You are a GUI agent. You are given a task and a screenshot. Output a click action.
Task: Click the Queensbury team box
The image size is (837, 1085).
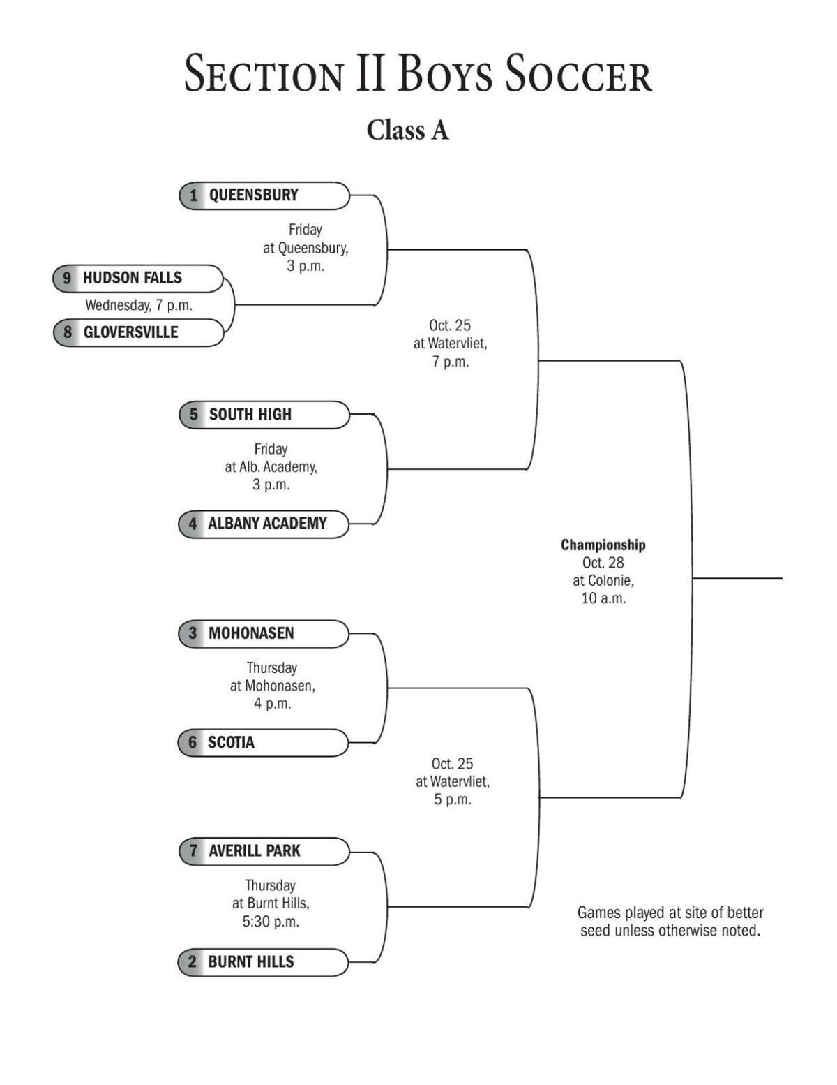pyautogui.click(x=264, y=195)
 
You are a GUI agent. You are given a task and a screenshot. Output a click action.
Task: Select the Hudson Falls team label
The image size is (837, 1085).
pyautogui.click(x=137, y=278)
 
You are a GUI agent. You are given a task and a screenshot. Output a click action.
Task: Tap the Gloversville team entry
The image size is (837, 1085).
pyautogui.click(x=138, y=332)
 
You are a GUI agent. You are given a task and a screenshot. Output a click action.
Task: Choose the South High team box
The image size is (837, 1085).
pyautogui.click(x=264, y=415)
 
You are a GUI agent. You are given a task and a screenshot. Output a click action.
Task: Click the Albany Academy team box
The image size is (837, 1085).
pyautogui.click(x=264, y=524)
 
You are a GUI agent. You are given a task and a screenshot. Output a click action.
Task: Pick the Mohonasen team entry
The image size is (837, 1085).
pyautogui.click(x=264, y=633)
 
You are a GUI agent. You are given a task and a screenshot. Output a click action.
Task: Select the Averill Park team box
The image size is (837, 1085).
pyautogui.click(x=264, y=851)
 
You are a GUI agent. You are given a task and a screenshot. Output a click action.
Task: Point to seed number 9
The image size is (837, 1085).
pyautogui.click(x=67, y=278)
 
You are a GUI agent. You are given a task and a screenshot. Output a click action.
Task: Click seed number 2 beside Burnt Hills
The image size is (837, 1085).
pyautogui.click(x=193, y=961)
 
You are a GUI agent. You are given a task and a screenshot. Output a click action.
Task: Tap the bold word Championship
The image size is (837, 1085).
pyautogui.click(x=603, y=545)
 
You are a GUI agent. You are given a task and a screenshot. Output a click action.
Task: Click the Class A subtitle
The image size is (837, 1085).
pyautogui.click(x=407, y=130)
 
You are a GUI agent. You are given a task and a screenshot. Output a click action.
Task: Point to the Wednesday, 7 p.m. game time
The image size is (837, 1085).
pyautogui.click(x=138, y=305)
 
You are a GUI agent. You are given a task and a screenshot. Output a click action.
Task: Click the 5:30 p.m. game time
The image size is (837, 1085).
pyautogui.click(x=271, y=922)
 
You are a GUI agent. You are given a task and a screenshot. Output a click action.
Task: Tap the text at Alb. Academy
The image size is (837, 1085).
pyautogui.click(x=271, y=466)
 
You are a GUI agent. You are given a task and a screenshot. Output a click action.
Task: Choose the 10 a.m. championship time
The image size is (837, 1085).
pyautogui.click(x=603, y=598)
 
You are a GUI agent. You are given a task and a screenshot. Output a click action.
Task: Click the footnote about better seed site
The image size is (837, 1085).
pyautogui.click(x=670, y=922)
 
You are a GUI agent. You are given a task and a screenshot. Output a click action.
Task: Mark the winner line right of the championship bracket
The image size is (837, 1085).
pyautogui.click(x=738, y=578)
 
